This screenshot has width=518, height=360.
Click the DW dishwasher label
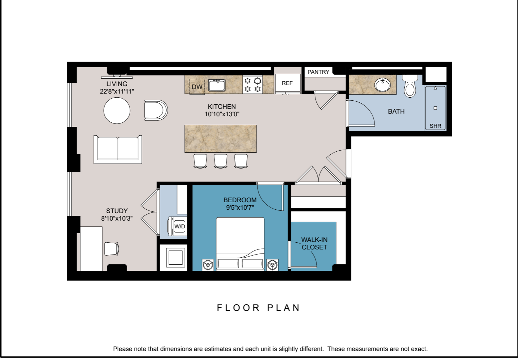197,87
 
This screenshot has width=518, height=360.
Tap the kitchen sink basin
217,85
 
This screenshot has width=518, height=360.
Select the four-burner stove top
253,85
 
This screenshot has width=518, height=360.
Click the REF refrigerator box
287,83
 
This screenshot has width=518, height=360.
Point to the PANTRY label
318,72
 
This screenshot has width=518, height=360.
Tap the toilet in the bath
410,87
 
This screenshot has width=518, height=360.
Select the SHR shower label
435,126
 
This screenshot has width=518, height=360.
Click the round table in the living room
117,110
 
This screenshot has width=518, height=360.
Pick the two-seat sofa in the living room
118,149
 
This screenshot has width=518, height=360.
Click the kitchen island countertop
221,139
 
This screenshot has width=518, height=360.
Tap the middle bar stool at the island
221,161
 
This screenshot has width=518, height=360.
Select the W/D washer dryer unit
179,226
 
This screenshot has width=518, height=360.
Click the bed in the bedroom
240,243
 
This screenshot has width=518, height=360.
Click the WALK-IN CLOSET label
314,243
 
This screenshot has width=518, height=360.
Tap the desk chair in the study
112,249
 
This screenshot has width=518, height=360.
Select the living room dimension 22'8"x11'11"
117,91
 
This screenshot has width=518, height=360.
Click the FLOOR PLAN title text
259,308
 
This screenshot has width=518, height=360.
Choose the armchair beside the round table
155,110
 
